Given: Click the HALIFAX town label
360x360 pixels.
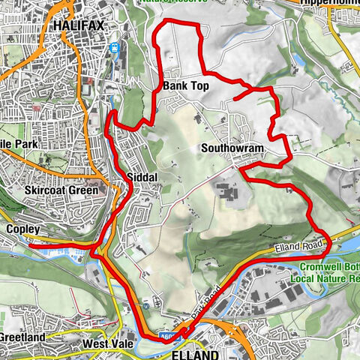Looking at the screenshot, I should [78, 25].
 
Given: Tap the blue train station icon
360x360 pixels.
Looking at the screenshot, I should [115, 48].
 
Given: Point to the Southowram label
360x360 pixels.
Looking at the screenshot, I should [232, 148].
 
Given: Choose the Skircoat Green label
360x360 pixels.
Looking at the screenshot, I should [61, 190].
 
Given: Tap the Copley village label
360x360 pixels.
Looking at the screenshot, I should [21, 227].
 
